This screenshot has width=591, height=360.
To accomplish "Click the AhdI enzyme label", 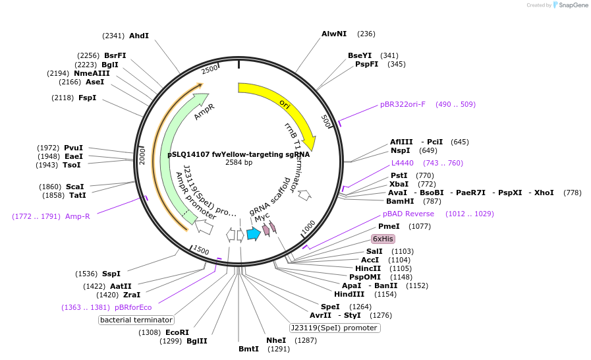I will (139, 36).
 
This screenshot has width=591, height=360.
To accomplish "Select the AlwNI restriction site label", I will (333, 34).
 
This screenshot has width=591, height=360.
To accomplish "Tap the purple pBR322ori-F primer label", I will (403, 104).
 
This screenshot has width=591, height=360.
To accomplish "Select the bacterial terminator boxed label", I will (136, 320).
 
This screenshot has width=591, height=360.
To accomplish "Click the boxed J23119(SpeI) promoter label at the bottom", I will (335, 328).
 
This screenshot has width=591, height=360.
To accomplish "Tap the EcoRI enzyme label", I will (177, 332).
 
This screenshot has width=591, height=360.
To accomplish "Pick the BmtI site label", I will (249, 349).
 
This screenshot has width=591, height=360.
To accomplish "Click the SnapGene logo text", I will (570, 5).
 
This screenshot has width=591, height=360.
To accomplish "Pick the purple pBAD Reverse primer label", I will (408, 214).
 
